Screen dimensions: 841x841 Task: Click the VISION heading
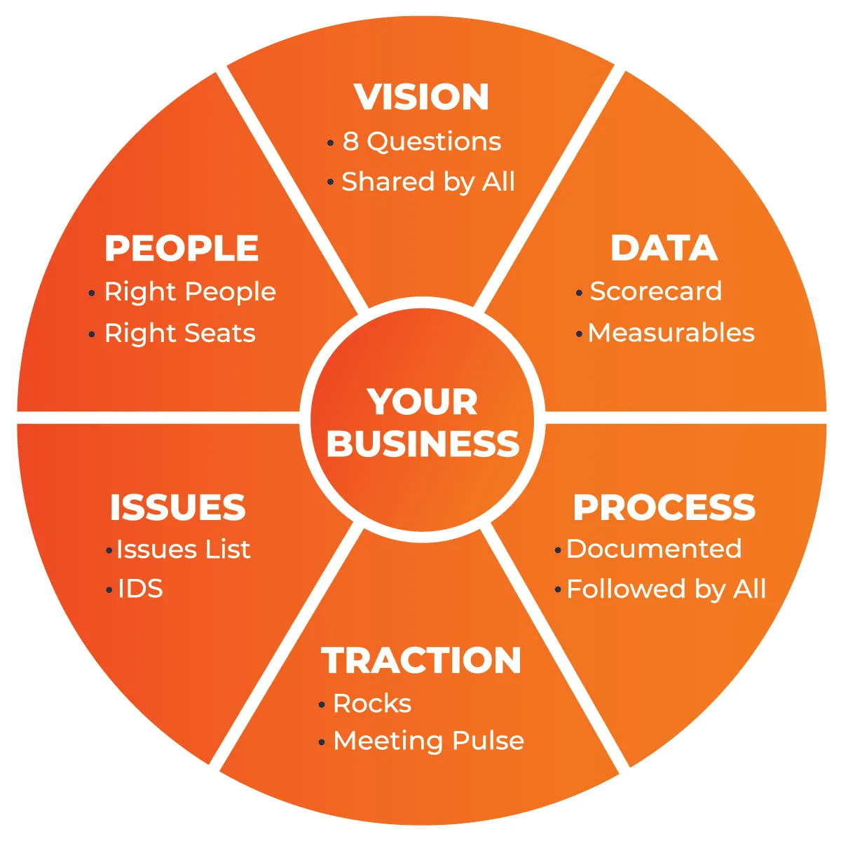[x=421, y=97]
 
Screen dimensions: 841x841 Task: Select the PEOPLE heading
[x=182, y=249]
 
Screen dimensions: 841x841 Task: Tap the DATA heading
[x=664, y=249]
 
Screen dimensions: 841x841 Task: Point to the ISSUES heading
[x=177, y=508]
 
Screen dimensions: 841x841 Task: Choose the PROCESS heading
[x=664, y=508]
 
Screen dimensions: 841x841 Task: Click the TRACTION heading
[x=421, y=661]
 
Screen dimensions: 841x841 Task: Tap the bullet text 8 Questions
[x=421, y=142]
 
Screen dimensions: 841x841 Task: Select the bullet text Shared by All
[x=428, y=182]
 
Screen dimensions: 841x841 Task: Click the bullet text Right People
[x=190, y=292]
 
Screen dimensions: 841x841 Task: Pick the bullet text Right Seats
[x=180, y=334]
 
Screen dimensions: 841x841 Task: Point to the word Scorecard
[x=655, y=292]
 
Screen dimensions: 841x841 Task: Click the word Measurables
[x=671, y=333]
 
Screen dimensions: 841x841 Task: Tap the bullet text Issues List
[x=183, y=549]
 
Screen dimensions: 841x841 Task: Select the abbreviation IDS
[x=140, y=589]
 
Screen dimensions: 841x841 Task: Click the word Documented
[x=654, y=549]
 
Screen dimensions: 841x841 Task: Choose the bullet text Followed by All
[x=666, y=589]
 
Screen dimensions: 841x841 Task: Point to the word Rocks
[x=372, y=704]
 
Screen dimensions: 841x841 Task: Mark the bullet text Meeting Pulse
[x=428, y=741]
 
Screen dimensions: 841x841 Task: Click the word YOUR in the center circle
[x=422, y=402]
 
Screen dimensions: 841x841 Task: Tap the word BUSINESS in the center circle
[x=423, y=444]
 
